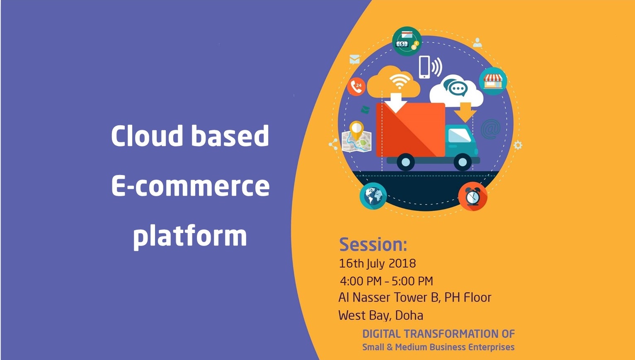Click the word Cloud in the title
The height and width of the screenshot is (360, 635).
147,136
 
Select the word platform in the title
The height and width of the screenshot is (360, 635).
190,236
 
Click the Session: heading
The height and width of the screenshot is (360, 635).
373,245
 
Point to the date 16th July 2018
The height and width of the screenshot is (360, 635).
377,263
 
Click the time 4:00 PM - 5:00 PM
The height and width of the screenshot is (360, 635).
386,281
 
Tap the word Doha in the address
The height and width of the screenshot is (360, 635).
409,316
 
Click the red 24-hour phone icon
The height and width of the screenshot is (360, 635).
356,87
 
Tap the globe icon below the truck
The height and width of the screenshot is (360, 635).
373,196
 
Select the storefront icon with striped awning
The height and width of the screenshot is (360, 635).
493,81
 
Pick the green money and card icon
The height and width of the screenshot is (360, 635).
407,41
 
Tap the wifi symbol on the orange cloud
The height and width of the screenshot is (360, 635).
400,81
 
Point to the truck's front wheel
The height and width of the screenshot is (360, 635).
462,162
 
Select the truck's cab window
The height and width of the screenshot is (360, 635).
459,135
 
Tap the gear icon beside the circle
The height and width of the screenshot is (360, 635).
518,145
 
